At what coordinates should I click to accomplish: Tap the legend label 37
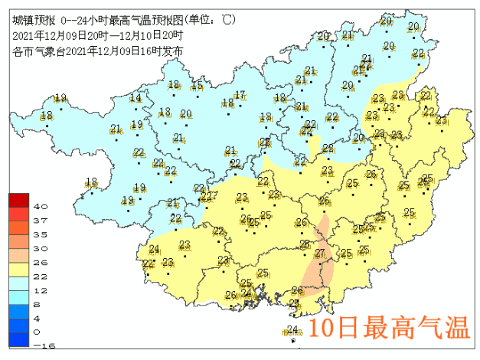click(x=41, y=221)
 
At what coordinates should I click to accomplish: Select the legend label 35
click(x=41, y=234)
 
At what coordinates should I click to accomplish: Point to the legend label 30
click(x=41, y=248)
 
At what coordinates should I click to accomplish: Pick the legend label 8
click(x=38, y=304)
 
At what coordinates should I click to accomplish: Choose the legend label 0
click(x=38, y=332)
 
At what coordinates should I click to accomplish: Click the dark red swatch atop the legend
click(x=18, y=200)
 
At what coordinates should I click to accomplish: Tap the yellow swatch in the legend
click(x=18, y=269)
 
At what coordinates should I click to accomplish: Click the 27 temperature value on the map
click(x=320, y=254)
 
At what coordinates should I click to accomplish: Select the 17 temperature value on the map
click(x=240, y=95)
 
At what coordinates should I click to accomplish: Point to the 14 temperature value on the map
click(x=136, y=97)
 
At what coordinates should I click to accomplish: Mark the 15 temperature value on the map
click(x=197, y=86)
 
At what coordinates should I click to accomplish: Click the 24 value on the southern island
click(x=292, y=330)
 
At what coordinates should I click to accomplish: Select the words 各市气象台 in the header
click(x=39, y=51)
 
